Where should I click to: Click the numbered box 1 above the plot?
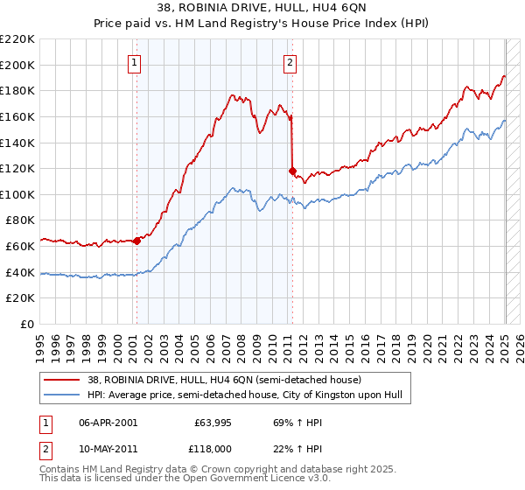[x=135, y=62]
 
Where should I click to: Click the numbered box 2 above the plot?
[x=290, y=62]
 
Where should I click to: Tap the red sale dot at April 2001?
[x=136, y=241]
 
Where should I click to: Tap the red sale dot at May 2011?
[x=292, y=171]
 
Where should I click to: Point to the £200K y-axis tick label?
[x=17, y=65]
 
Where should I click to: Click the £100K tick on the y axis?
[x=17, y=194]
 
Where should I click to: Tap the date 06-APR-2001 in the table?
[x=108, y=423]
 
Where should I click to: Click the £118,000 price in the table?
[x=212, y=447]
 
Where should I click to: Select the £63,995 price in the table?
[x=213, y=423]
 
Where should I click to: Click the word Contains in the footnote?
[x=61, y=471]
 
